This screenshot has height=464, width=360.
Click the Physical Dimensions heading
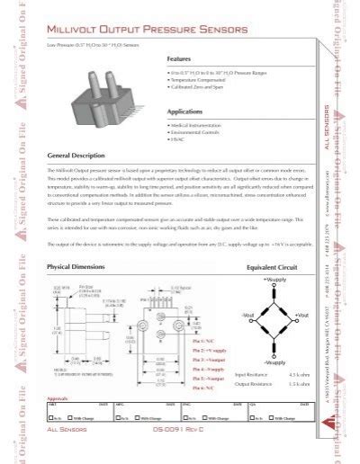(77, 267)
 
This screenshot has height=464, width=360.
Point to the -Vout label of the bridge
(249, 314)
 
